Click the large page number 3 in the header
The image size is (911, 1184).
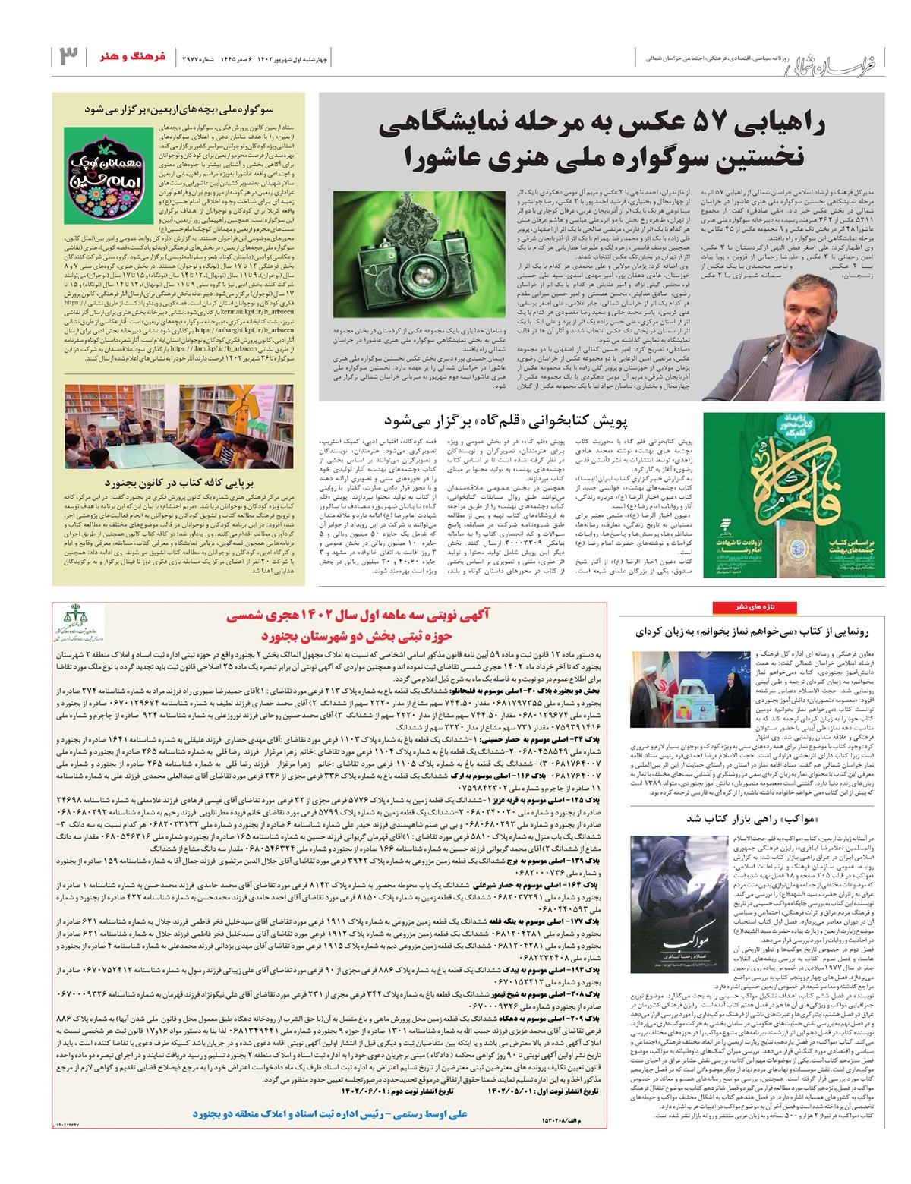pyautogui.click(x=68, y=56)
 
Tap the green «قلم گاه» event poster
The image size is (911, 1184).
pyautogui.click(x=793, y=494)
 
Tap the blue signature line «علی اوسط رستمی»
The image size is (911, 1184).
pyautogui.click(x=330, y=1114)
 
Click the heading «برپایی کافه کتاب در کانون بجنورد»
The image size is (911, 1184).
pyautogui.click(x=179, y=482)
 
